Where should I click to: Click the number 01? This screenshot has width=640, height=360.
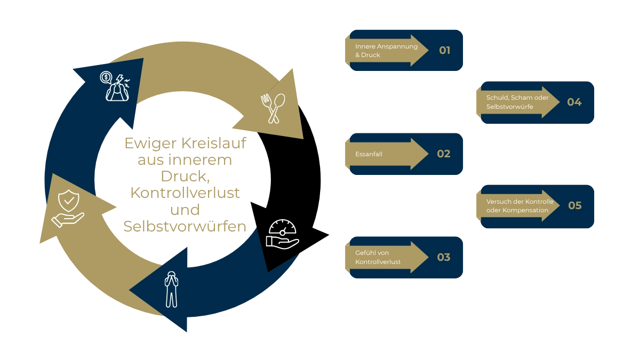click(x=445, y=51)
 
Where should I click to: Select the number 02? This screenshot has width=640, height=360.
click(x=444, y=154)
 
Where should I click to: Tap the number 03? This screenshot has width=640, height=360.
click(x=444, y=258)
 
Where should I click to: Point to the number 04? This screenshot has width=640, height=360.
click(x=574, y=102)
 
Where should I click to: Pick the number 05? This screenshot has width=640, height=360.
click(x=574, y=205)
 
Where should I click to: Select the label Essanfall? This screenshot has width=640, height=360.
click(x=369, y=154)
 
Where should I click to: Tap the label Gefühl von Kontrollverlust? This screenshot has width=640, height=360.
click(x=378, y=258)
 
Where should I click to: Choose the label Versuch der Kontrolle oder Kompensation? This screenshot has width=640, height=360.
click(x=519, y=206)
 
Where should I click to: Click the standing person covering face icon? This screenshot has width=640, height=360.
click(x=171, y=289)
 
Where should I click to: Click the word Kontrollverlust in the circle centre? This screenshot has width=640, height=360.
click(x=185, y=194)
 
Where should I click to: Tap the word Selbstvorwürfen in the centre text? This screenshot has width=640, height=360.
click(x=185, y=227)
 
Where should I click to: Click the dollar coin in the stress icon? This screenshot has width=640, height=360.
click(x=106, y=78)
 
